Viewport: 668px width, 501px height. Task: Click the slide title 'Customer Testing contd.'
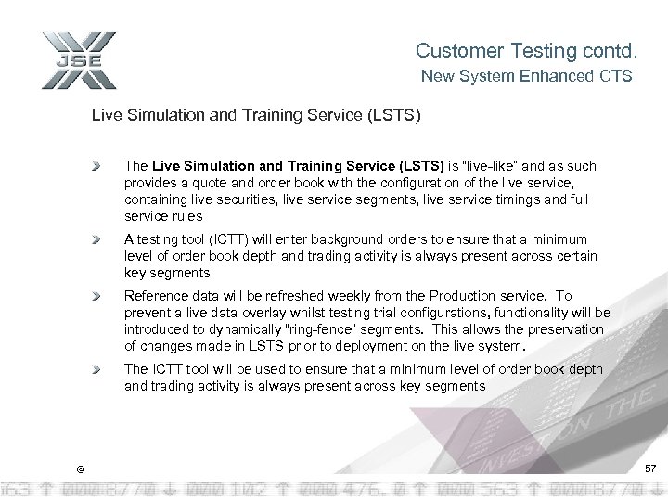click(523, 49)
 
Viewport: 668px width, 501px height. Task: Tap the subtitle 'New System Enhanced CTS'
click(527, 77)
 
